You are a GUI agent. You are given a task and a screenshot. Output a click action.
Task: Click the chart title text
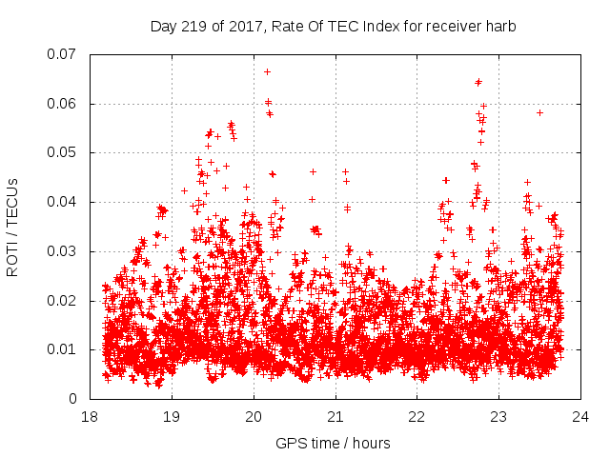tap(333, 27)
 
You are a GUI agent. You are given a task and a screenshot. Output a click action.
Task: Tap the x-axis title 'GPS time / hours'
tap(333, 444)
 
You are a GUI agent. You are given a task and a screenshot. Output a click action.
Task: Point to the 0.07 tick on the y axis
tap(64, 54)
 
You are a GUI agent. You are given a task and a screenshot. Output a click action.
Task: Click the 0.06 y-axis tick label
tap(64, 104)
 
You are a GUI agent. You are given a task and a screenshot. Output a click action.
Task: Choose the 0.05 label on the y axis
tap(64, 152)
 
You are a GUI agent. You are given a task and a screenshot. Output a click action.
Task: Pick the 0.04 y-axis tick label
tap(64, 202)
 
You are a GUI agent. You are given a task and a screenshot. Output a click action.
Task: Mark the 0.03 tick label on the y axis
tap(64, 251)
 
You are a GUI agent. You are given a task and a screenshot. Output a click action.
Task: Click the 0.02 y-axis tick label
tap(64, 301)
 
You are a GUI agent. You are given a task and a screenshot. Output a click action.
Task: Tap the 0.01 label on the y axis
tap(64, 349)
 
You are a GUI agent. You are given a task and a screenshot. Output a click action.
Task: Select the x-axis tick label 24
tap(580, 417)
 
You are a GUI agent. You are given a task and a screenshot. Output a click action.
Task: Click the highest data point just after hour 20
tap(267, 71)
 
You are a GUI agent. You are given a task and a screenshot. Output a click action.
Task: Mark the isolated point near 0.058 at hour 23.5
tap(539, 112)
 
